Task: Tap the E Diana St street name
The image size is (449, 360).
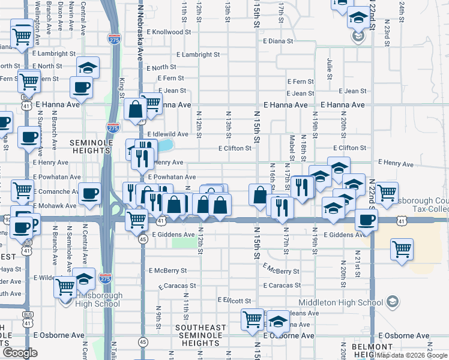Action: [278, 42]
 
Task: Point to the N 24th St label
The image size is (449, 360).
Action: [401, 11]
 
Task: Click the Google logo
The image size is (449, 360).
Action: [20, 353]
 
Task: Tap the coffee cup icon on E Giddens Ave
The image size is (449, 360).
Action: [365, 220]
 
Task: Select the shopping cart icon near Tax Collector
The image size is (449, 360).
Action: [402, 249]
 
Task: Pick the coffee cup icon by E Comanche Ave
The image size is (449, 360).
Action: [89, 193]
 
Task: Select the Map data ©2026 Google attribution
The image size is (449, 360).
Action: [412, 355]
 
